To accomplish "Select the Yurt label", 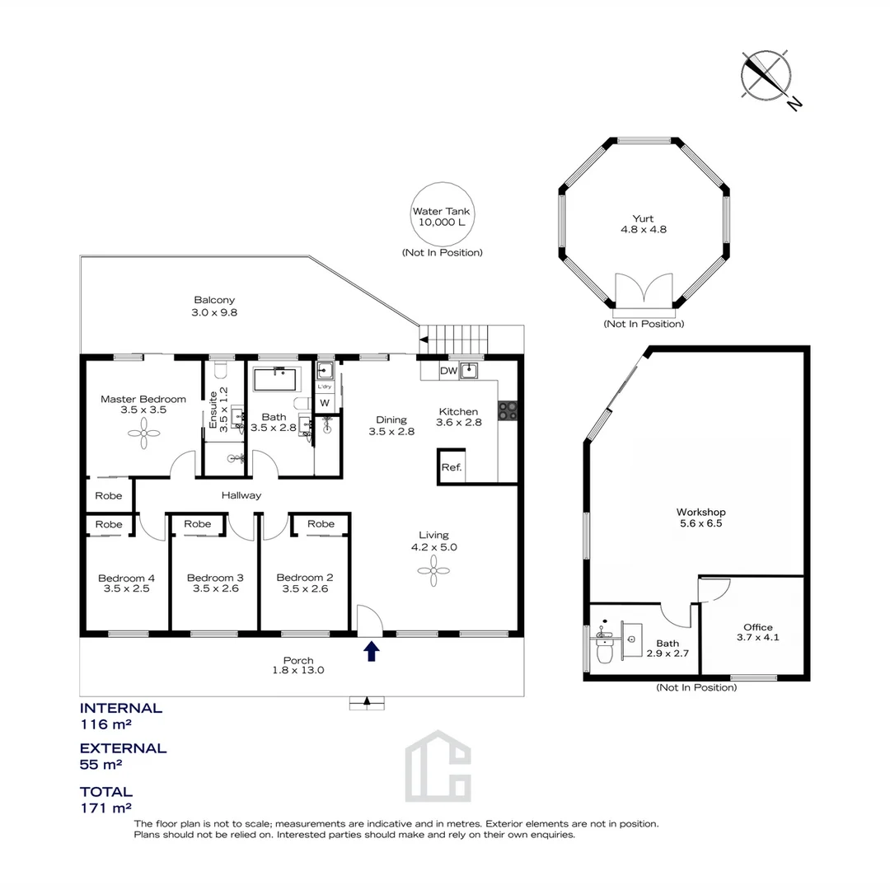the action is pyautogui.click(x=643, y=218).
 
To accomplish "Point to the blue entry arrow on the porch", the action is pyautogui.click(x=371, y=651).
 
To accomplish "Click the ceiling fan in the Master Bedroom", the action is pyautogui.click(x=143, y=433).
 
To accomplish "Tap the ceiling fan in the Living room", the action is pyautogui.click(x=433, y=570).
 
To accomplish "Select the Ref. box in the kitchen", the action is pyautogui.click(x=452, y=466).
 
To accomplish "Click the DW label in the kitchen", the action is pyautogui.click(x=448, y=371).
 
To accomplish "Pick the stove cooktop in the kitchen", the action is pyautogui.click(x=508, y=410).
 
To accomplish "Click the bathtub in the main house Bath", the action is pyautogui.click(x=275, y=379).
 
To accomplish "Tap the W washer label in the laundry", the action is pyautogui.click(x=325, y=403).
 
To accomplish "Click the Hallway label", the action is pyautogui.click(x=241, y=495).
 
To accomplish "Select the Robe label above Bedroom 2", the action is pyautogui.click(x=321, y=524).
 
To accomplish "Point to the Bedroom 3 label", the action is pyautogui.click(x=215, y=578).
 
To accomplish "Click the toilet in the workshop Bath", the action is pyautogui.click(x=604, y=649).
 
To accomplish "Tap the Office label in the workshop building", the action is pyautogui.click(x=758, y=627).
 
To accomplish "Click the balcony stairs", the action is pyautogui.click(x=453, y=340).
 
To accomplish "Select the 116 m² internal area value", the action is pyautogui.click(x=106, y=724).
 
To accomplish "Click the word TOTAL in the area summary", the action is pyautogui.click(x=106, y=792).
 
